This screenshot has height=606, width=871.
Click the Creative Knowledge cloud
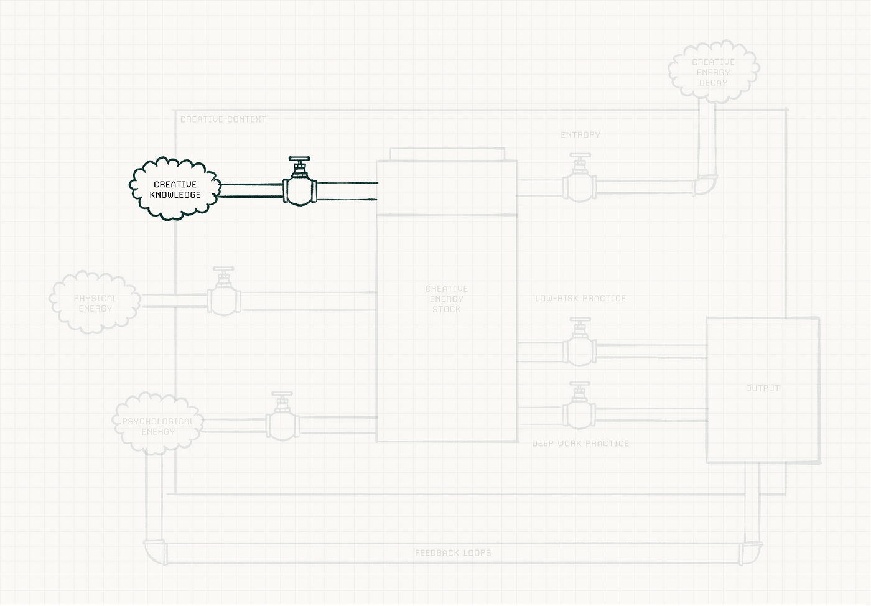point(175,189)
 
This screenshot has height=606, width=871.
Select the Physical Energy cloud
point(95,303)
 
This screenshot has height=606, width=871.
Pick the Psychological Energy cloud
point(158,426)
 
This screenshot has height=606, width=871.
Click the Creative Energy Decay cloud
point(713,72)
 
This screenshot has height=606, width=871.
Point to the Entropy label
point(580,134)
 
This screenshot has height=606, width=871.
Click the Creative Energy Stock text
point(446,299)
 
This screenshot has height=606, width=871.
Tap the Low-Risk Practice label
point(580,298)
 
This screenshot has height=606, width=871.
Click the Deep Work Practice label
point(580,443)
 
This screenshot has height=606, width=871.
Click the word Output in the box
point(762,388)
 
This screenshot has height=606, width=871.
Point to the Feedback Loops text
point(453,552)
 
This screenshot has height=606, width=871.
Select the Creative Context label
point(223,119)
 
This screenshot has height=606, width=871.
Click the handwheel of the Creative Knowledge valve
point(299,159)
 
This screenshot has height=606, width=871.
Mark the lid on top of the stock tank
point(447,154)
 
